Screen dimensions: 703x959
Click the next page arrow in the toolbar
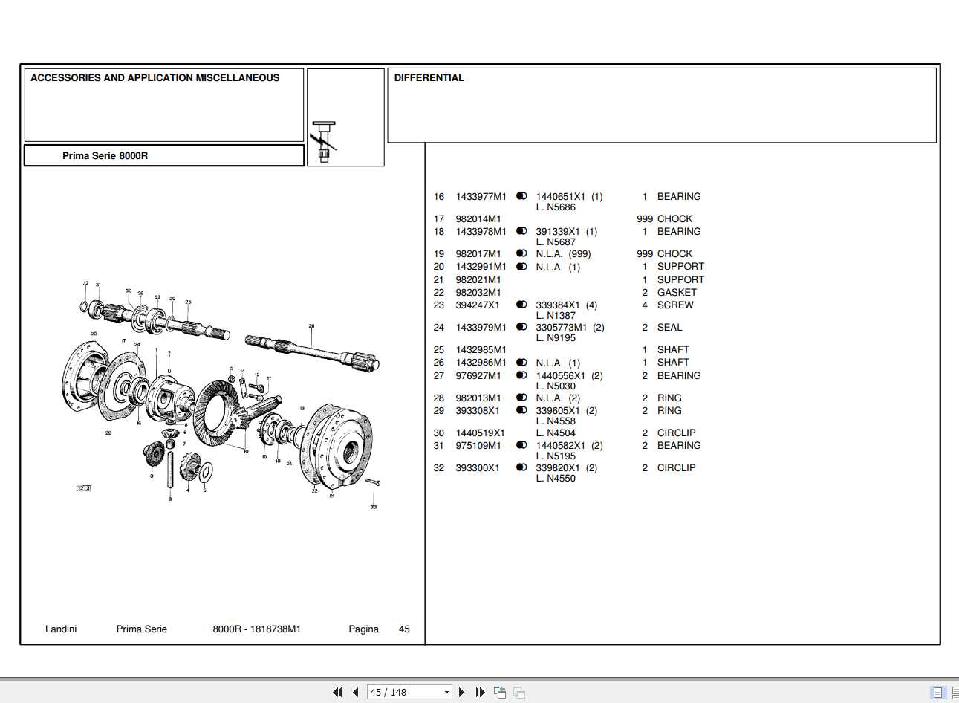click(461, 692)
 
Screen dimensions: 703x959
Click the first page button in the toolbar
click(337, 692)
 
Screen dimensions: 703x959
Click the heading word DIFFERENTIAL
click(429, 77)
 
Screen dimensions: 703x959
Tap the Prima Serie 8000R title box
click(163, 155)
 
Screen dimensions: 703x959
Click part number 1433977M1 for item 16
click(481, 197)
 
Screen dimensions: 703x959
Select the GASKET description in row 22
click(677, 292)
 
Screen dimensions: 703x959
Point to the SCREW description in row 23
click(675, 305)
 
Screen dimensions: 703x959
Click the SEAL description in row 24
click(669, 327)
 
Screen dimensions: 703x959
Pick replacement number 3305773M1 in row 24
click(561, 327)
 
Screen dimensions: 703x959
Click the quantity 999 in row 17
click(644, 218)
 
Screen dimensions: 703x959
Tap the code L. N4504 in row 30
click(556, 433)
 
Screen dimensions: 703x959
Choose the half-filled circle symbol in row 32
click(521, 467)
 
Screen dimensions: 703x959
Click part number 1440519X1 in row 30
click(480, 433)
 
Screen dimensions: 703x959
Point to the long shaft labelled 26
click(312, 350)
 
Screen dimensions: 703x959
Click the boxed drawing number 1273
click(84, 488)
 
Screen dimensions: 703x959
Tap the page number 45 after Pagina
click(404, 629)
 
